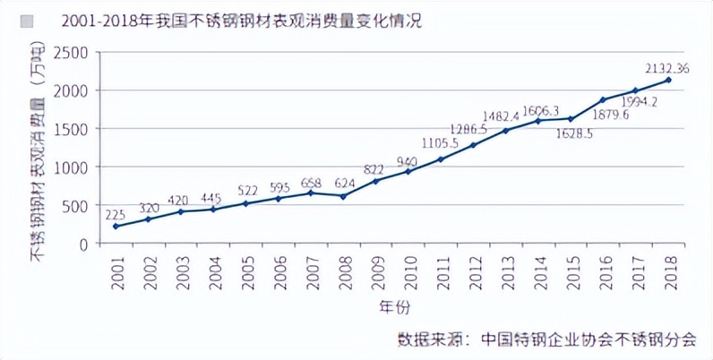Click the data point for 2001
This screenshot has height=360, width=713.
click(x=116, y=227)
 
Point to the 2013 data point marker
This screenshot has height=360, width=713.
click(x=506, y=131)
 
